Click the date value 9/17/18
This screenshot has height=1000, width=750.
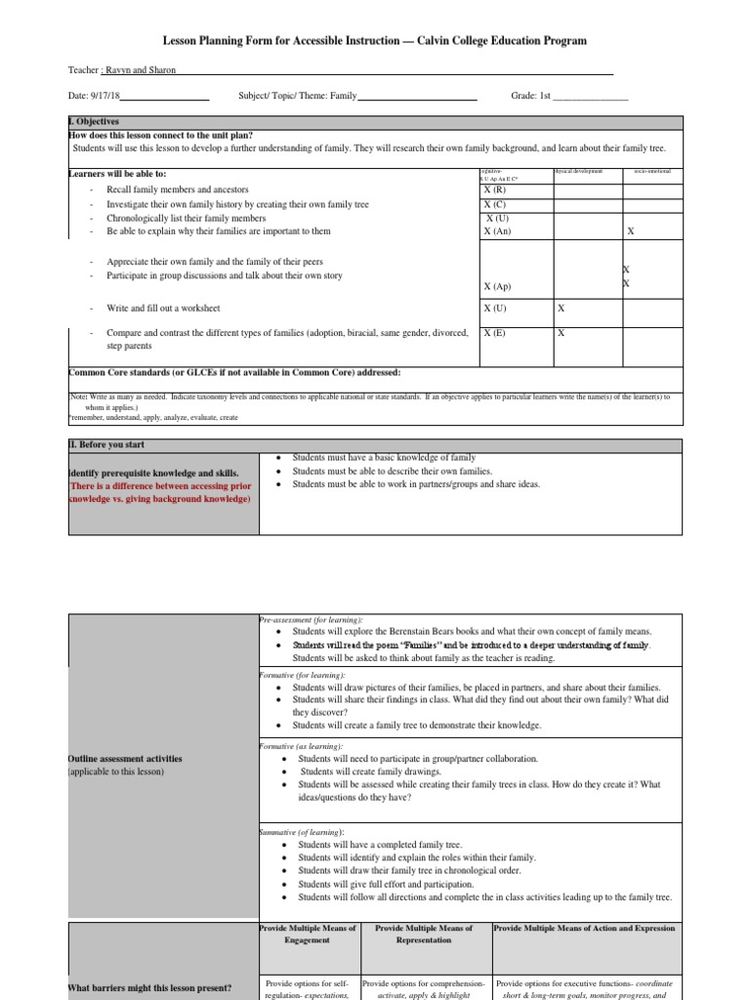click(103, 98)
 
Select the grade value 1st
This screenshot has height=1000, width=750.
click(545, 98)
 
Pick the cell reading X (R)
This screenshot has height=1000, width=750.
click(494, 189)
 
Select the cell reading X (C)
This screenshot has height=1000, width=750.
click(494, 204)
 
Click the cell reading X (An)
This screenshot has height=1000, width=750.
click(497, 231)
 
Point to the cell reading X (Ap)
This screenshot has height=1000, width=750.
click(497, 287)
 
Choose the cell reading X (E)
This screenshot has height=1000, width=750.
click(494, 333)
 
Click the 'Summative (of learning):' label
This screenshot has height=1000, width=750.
click(302, 831)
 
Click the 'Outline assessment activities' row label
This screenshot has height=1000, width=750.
click(124, 759)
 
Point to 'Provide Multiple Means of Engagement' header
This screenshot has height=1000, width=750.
click(309, 934)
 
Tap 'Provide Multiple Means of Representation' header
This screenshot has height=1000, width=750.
click(424, 934)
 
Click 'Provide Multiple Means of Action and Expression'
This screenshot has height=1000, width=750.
click(584, 928)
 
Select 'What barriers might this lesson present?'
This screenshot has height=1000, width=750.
click(149, 988)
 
